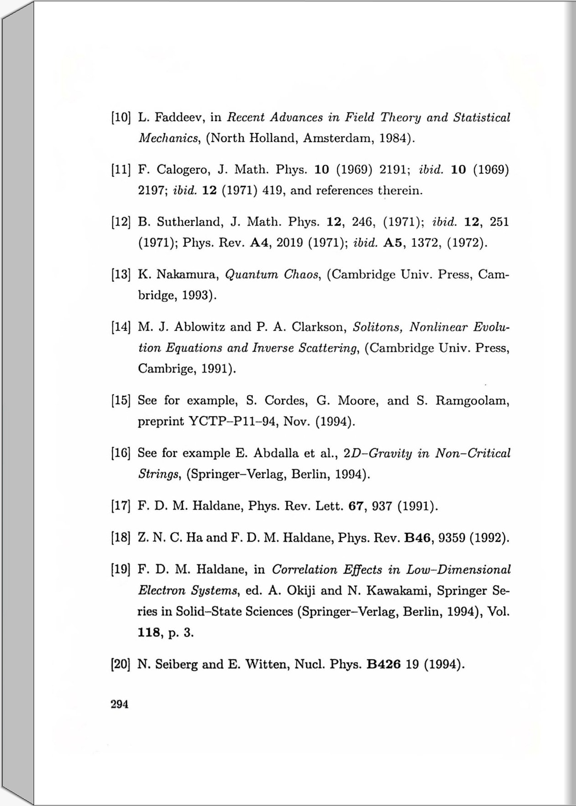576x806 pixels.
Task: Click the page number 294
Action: tap(120, 704)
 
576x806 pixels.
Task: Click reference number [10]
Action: tap(121, 118)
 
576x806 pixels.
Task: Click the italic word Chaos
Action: tap(302, 275)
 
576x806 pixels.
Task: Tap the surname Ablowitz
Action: tap(200, 327)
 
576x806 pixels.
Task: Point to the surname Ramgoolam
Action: tap(472, 400)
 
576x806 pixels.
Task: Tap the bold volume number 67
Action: tap(356, 506)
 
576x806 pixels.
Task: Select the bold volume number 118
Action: tap(149, 632)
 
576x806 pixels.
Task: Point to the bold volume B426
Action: tap(383, 665)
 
